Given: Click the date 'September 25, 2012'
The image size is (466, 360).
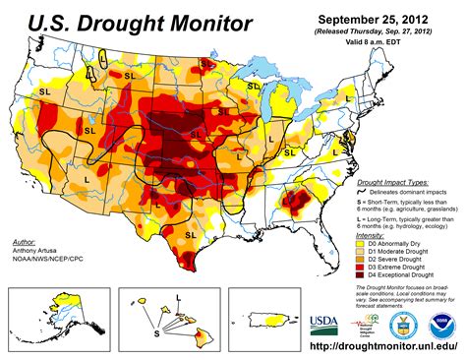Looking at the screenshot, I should [375, 18].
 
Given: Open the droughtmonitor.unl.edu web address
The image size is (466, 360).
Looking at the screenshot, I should [373, 349].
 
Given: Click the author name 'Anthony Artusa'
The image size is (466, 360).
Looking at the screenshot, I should [36, 250].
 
